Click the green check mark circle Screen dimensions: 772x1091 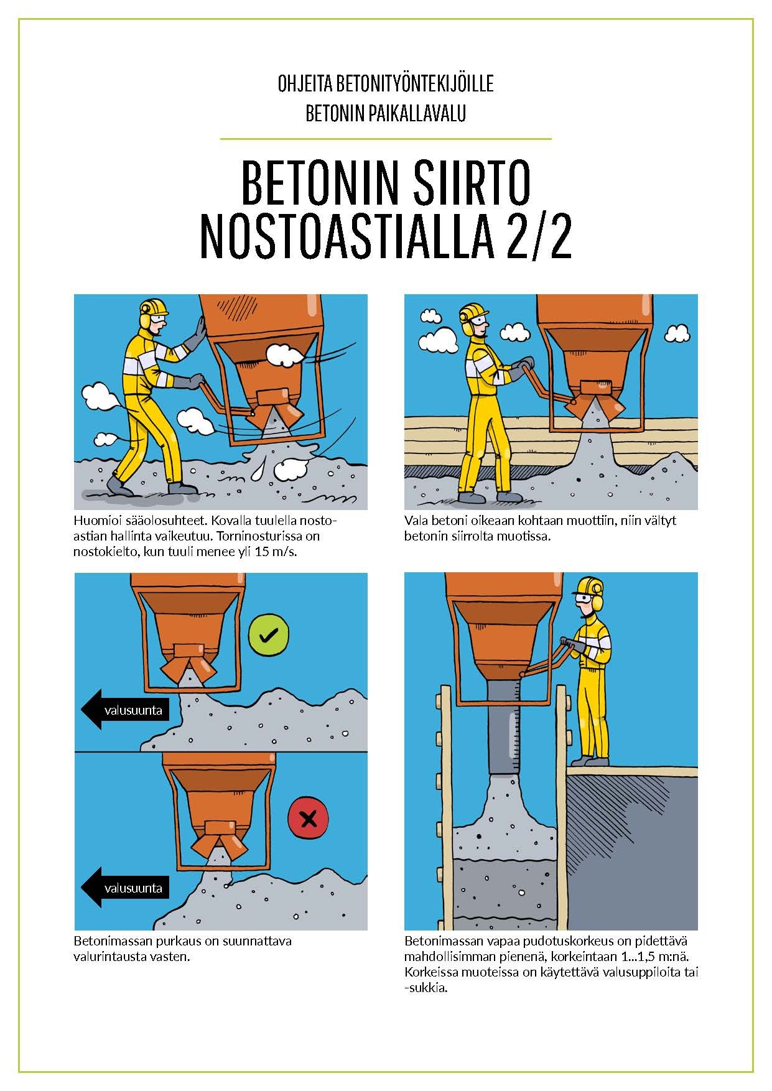tap(269, 634)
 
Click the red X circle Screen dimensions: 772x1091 tap(309, 819)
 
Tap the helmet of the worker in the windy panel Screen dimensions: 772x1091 tap(154, 307)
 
